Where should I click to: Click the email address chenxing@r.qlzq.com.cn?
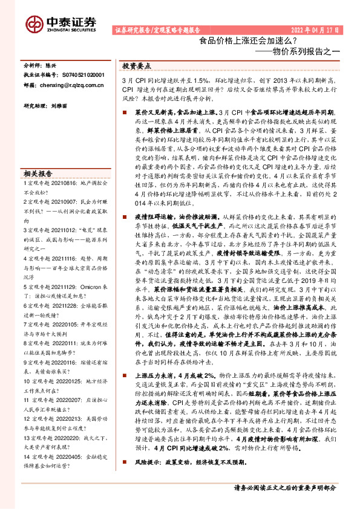click(x=67, y=86)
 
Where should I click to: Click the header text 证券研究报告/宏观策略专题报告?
click(x=156, y=30)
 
